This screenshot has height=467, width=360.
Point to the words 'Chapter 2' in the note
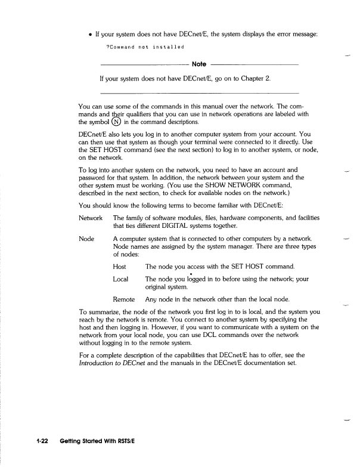pos(256,78)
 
